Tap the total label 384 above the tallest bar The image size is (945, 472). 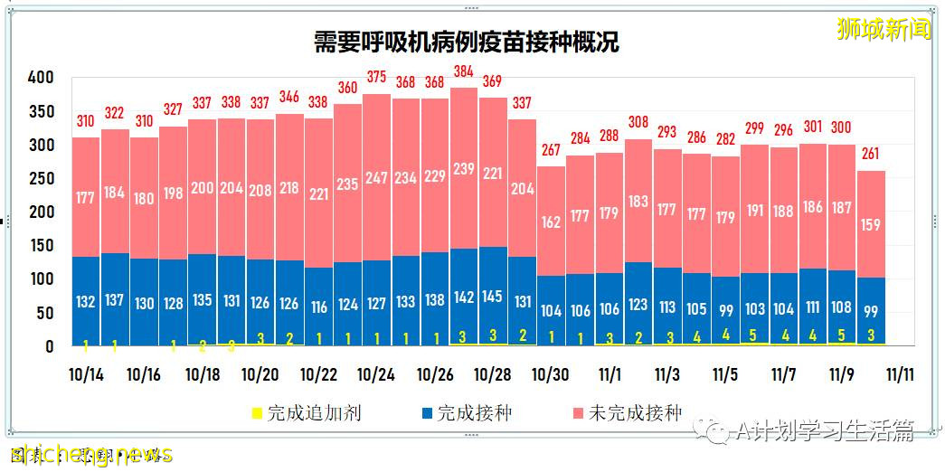click(463, 71)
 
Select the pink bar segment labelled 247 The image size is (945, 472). click(376, 177)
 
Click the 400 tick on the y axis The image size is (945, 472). click(41, 78)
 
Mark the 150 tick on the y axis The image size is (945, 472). click(41, 246)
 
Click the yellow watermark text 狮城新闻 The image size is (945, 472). click(883, 29)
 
